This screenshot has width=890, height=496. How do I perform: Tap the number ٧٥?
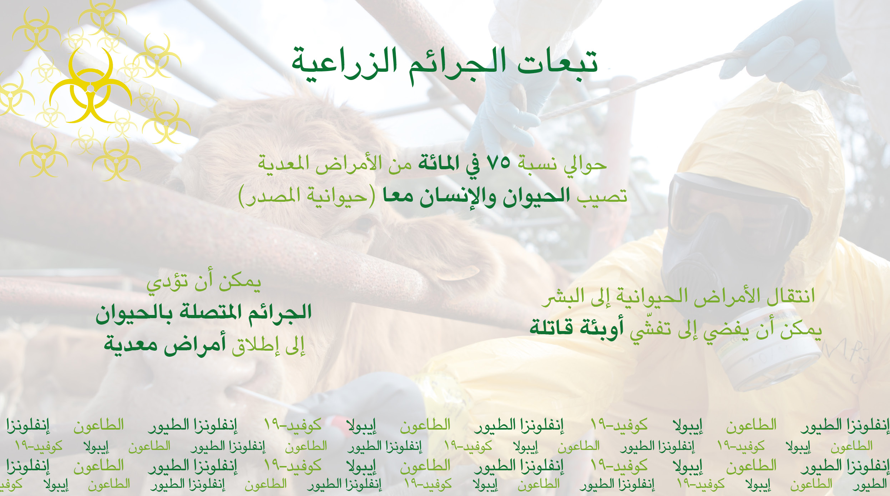click(x=499, y=163)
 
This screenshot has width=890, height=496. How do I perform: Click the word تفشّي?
click(x=649, y=330)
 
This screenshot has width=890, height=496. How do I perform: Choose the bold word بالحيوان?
click(x=134, y=313)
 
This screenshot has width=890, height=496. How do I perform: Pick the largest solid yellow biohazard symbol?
click(x=90, y=86)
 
